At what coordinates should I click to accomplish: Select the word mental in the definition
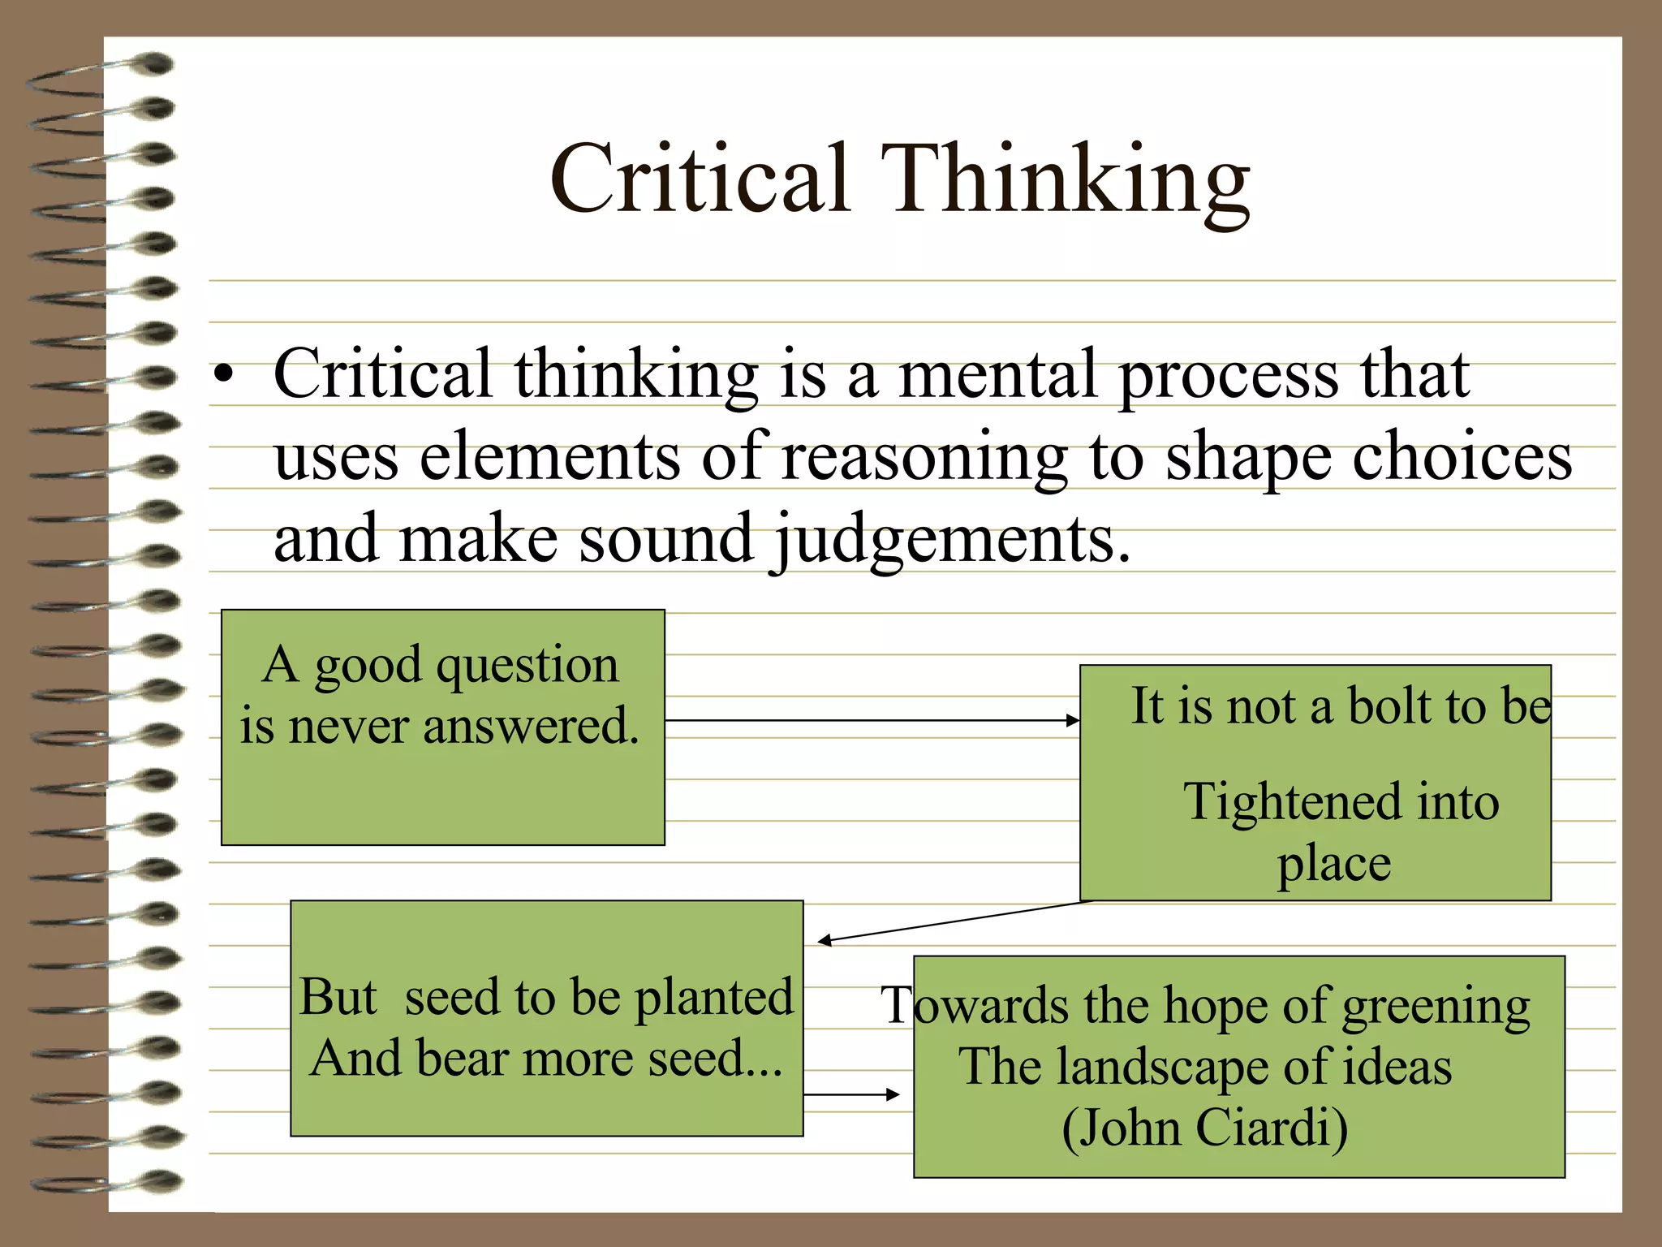(997, 374)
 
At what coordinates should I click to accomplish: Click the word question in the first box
(527, 666)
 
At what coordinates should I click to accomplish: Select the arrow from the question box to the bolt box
(872, 720)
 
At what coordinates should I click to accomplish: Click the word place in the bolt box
(1334, 864)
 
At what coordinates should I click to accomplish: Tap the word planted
(713, 999)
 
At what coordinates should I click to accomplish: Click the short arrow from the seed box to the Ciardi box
(851, 1094)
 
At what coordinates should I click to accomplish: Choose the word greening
(1436, 1008)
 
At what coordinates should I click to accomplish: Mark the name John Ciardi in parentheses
(1204, 1128)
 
